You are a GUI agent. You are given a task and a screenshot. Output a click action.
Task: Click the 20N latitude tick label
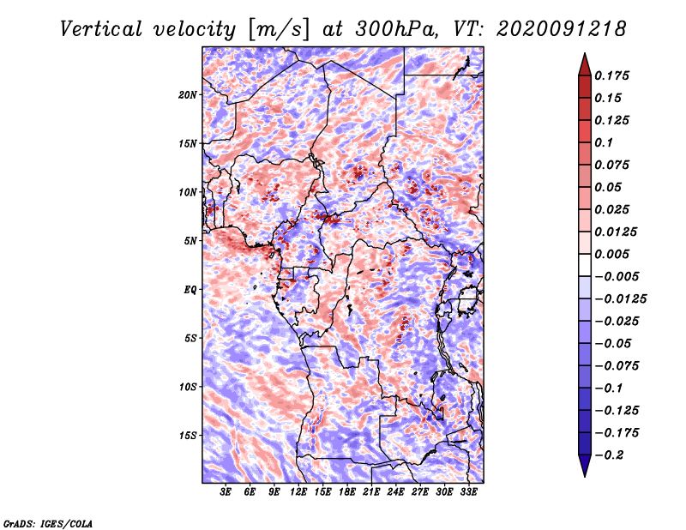coord(188,94)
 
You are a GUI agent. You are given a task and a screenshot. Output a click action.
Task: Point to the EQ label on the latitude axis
coord(190,289)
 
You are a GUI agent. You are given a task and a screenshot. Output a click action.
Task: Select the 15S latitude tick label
coord(188,435)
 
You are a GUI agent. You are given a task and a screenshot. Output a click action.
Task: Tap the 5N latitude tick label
coord(190,241)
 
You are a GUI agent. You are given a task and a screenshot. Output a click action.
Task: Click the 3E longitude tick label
coord(226,492)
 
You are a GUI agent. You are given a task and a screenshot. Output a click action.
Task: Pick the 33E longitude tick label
coord(468,492)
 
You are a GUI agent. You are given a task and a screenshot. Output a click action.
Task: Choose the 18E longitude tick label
coord(347,492)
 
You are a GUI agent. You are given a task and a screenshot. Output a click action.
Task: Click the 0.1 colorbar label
coord(605,142)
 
